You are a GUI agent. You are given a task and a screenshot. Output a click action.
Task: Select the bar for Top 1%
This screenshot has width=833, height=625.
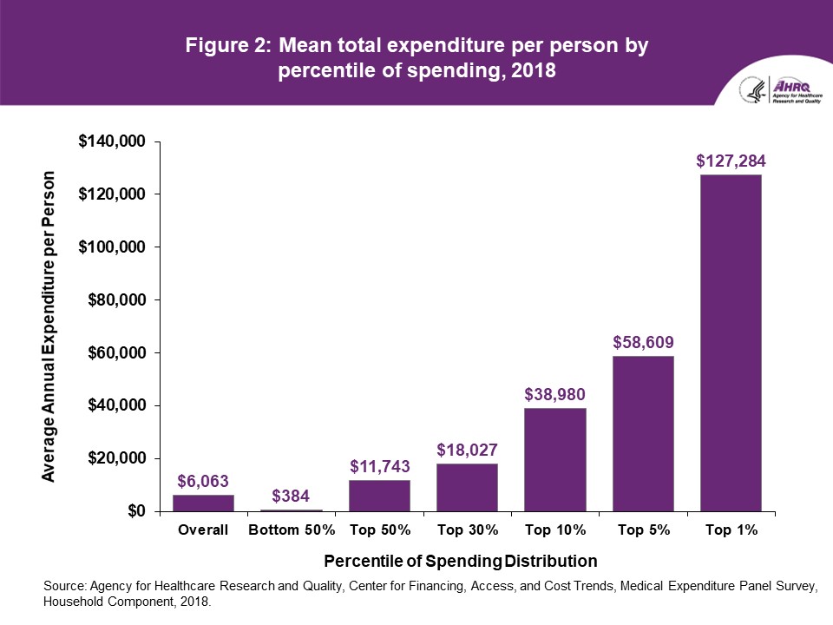point(731,343)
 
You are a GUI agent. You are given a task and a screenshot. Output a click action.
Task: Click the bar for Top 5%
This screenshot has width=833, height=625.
point(643,433)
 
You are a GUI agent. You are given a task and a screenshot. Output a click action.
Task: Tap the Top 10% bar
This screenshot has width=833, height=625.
point(555,459)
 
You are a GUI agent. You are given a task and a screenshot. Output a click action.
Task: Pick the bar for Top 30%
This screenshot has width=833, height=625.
point(467,487)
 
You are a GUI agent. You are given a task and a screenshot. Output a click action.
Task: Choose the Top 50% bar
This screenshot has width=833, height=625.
point(379,496)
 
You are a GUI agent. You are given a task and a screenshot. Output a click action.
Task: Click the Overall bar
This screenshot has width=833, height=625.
point(203,503)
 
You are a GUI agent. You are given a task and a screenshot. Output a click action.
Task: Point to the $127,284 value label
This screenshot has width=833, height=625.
point(731,161)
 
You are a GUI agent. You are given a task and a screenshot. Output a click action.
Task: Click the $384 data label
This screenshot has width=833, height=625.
point(291,496)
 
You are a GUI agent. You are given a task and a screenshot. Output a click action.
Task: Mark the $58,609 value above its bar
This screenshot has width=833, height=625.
point(643,341)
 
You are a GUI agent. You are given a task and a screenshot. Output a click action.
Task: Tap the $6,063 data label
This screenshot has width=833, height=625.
point(203,480)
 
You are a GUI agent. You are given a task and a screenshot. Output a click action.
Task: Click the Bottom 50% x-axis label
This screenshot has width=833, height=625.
point(291,530)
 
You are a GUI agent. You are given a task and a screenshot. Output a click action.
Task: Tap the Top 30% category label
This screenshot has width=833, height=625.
point(467,530)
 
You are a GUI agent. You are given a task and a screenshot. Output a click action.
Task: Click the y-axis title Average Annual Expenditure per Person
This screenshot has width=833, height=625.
point(50,326)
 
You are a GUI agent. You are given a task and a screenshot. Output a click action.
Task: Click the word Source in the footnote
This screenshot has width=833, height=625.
point(65,586)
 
